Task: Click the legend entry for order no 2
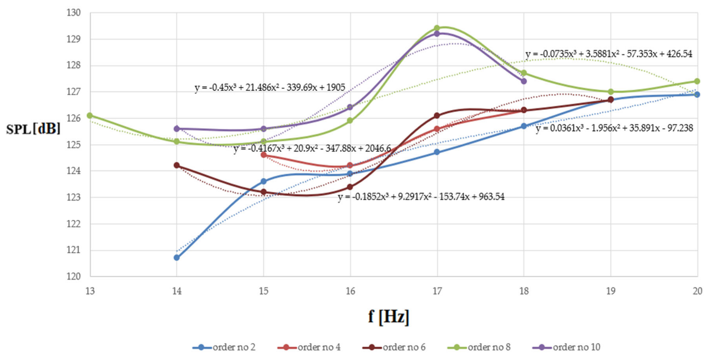click(x=224, y=347)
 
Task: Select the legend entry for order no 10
click(x=566, y=347)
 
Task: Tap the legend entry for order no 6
click(x=394, y=347)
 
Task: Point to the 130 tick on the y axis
click(x=74, y=13)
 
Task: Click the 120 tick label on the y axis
click(x=74, y=276)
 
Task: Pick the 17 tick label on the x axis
click(x=437, y=291)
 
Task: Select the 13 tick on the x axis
click(x=90, y=291)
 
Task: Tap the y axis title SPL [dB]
click(x=33, y=129)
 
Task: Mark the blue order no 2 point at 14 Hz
click(x=177, y=258)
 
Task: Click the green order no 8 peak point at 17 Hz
click(x=437, y=28)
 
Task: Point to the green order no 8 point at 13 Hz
click(x=90, y=115)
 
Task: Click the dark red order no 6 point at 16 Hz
click(x=350, y=187)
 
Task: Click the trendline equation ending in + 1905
click(x=270, y=88)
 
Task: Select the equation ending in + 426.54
click(x=609, y=54)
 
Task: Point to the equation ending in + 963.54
click(x=421, y=197)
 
